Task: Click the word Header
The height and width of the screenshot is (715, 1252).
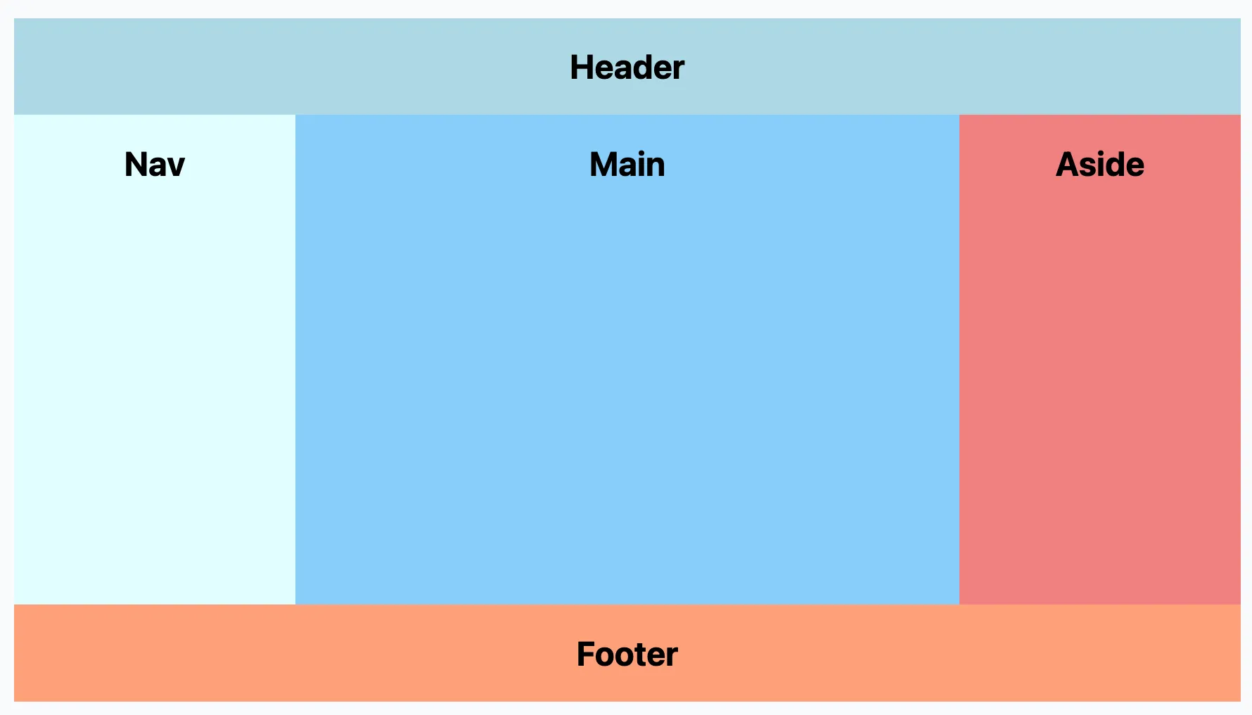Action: [x=627, y=68]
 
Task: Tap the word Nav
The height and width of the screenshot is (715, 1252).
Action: [x=155, y=165]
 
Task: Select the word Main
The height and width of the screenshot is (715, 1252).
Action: [x=627, y=165]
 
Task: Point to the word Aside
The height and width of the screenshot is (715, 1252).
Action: [x=1100, y=165]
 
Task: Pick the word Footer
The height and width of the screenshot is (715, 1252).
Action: [x=627, y=654]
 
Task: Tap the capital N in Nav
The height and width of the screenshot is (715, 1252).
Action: [x=136, y=165]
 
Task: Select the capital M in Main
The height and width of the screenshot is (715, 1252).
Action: [x=603, y=165]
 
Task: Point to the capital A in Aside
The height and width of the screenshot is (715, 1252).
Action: [x=1068, y=165]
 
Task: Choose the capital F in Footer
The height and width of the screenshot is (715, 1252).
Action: [x=587, y=654]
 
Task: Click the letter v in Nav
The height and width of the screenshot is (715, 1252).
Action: [x=177, y=168]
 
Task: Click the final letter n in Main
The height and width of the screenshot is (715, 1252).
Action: [x=655, y=168]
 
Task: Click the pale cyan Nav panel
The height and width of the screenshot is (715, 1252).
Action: [x=155, y=380]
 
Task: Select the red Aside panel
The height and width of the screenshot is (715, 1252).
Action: [x=1100, y=380]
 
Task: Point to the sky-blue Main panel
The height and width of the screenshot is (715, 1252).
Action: [x=627, y=380]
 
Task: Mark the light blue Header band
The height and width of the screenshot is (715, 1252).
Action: [x=352, y=67]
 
